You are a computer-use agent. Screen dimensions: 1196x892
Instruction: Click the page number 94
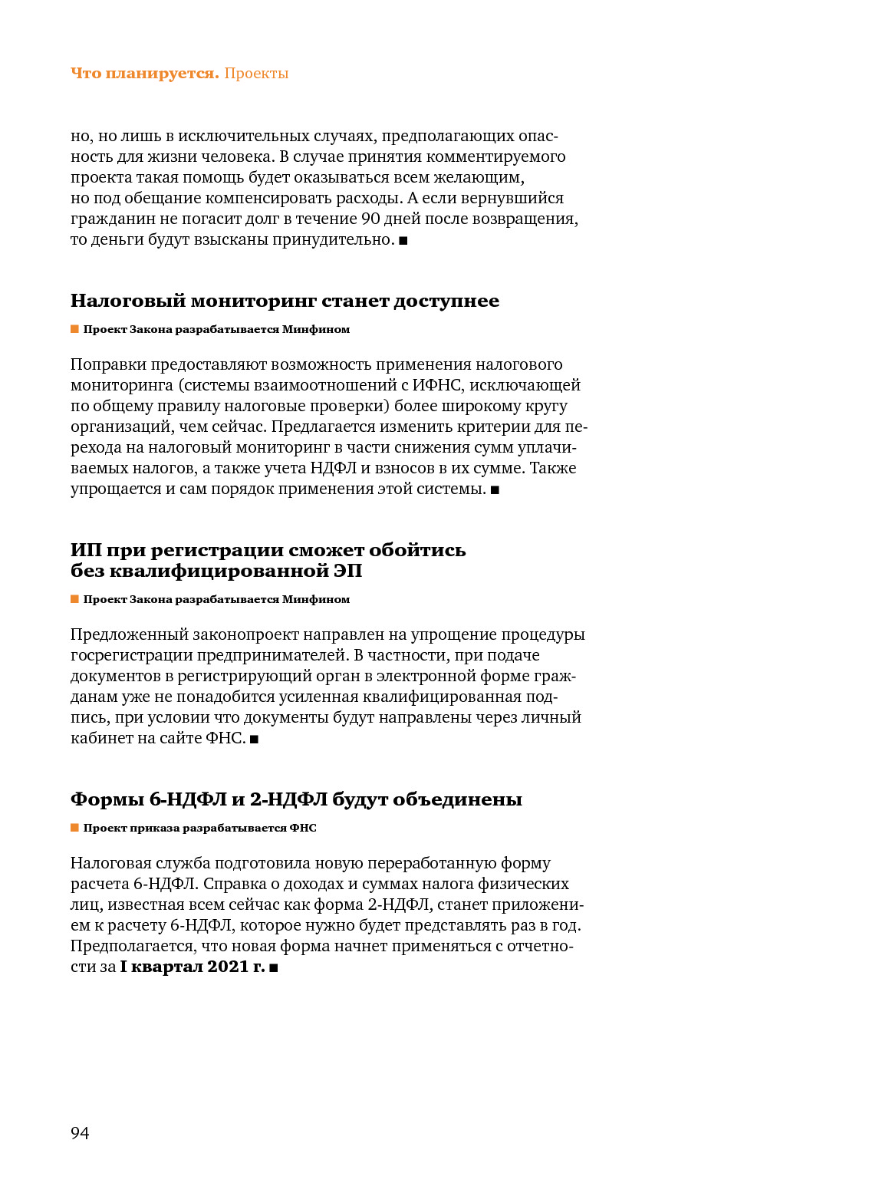pos(80,1133)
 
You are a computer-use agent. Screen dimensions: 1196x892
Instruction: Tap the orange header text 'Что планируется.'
pos(144,74)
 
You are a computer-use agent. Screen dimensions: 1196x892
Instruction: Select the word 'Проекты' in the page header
pos(256,74)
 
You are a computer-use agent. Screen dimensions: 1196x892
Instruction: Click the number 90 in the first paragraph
pos(370,219)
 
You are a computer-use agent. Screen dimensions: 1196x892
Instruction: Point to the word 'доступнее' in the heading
pos(446,301)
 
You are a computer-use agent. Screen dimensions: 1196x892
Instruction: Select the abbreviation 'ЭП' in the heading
pos(347,571)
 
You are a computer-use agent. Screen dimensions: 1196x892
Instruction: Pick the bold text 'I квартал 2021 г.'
pos(193,967)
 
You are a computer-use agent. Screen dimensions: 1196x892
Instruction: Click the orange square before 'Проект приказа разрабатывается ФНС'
pos(75,828)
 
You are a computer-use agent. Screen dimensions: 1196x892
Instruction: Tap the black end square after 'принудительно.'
pos(403,241)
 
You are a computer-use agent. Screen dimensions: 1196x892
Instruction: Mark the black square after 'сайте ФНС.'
pos(255,740)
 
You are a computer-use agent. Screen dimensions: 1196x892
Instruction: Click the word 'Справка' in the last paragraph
pos(231,884)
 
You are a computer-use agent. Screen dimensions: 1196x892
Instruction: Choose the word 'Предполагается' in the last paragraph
pos(132,946)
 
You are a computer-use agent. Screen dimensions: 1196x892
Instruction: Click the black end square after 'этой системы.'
pos(495,490)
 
